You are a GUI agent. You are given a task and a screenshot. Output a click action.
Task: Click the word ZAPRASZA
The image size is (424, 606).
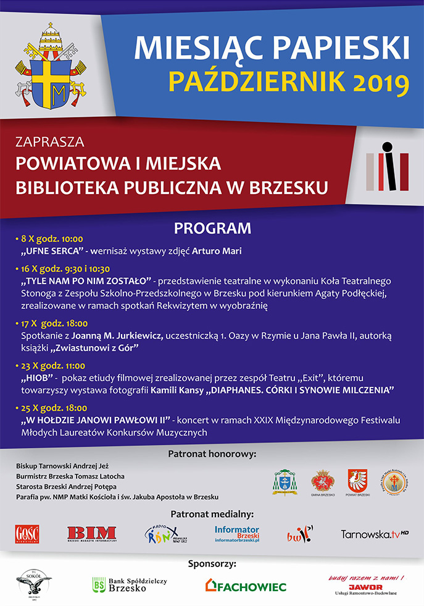(x=49, y=142)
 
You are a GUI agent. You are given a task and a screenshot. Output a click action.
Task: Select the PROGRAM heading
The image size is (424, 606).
(x=212, y=228)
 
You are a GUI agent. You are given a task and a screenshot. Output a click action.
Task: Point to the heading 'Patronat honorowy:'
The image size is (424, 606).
(x=212, y=455)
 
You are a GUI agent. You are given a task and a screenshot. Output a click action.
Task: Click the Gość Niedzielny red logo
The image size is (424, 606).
(x=27, y=533)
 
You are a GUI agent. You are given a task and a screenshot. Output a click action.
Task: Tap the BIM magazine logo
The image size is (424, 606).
(x=92, y=533)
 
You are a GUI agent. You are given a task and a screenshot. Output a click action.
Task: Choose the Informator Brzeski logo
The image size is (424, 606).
(x=237, y=534)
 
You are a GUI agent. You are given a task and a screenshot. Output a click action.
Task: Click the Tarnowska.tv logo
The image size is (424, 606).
(x=375, y=533)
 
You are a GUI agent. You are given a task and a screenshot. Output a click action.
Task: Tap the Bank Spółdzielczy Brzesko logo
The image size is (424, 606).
(x=129, y=584)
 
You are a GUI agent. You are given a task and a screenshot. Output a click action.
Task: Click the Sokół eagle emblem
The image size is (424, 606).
(x=33, y=583)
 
